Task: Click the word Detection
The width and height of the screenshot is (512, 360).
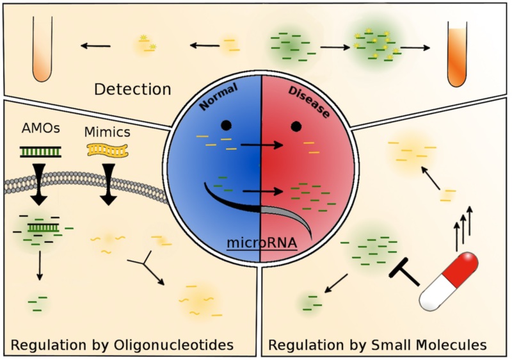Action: tap(132, 89)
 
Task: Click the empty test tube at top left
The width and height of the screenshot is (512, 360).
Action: tap(42, 49)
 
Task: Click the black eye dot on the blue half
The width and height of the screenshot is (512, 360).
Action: tap(225, 126)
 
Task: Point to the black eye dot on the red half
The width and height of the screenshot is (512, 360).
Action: tap(295, 126)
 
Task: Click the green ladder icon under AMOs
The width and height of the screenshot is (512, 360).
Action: tap(41, 151)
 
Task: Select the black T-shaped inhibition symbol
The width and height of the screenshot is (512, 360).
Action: tap(404, 273)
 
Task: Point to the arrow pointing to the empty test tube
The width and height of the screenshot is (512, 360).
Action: tap(95, 45)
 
